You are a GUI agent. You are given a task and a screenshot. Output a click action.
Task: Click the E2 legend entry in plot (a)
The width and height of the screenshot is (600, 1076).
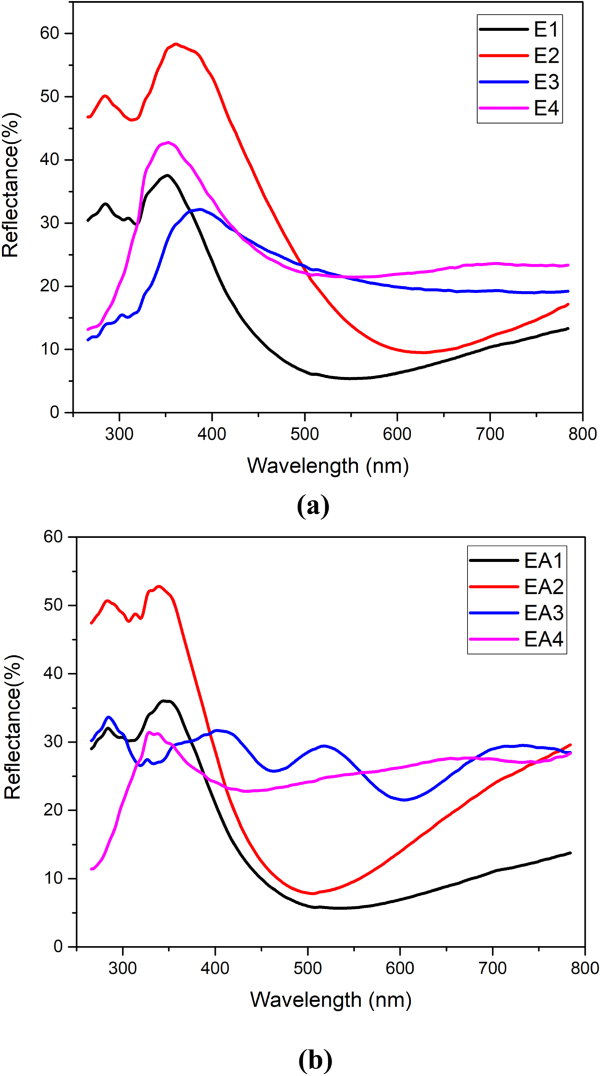(546, 56)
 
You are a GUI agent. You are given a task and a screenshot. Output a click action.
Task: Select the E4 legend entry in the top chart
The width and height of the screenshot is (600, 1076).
(546, 108)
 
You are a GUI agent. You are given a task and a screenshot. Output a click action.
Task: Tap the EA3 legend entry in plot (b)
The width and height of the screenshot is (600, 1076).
(543, 613)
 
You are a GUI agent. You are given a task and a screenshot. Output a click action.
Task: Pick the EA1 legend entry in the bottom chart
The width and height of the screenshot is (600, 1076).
(543, 560)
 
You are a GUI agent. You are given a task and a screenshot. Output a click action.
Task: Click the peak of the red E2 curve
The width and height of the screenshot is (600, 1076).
(176, 44)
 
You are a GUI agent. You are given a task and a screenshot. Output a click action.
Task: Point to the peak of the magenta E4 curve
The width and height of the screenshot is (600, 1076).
(168, 142)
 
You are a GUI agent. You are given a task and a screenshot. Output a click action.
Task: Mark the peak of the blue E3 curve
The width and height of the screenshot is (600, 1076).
(200, 209)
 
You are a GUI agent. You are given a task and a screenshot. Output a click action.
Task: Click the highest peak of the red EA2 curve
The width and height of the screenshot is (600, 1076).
(159, 586)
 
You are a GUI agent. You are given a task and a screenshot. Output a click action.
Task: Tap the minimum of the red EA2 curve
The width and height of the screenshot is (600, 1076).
(312, 894)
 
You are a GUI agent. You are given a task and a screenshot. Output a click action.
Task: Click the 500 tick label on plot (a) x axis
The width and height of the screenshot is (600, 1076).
(305, 434)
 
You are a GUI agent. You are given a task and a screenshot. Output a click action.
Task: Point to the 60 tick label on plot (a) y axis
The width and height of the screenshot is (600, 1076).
(49, 34)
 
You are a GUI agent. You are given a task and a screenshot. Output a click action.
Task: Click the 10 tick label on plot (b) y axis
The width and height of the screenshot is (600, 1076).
(52, 878)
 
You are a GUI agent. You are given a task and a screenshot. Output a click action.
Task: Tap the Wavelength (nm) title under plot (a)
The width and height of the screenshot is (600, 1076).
(328, 466)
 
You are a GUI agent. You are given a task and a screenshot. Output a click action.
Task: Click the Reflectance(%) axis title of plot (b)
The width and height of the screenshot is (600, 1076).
(13, 743)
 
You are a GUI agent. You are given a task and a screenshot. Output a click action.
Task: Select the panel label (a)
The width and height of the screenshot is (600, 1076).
(313, 506)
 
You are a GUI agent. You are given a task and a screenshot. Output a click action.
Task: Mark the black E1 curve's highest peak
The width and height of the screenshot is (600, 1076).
(168, 175)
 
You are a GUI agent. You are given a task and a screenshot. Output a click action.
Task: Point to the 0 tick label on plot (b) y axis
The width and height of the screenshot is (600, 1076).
(58, 947)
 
